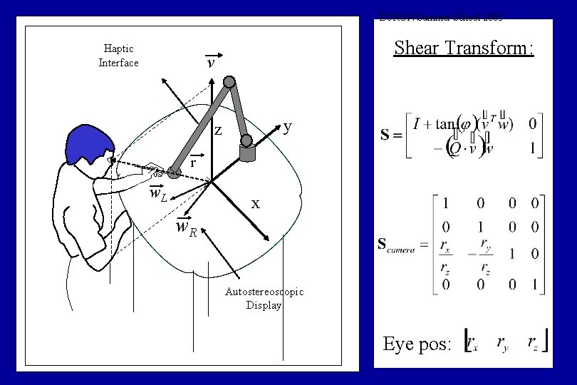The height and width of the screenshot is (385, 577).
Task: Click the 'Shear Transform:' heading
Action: point(464,48)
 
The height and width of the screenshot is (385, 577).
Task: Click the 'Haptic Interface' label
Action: point(118,56)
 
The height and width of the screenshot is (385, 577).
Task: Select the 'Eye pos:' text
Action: point(417,344)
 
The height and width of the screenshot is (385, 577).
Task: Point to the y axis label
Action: point(287,127)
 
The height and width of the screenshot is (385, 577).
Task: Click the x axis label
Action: point(255,203)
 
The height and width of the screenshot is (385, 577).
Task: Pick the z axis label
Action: point(219,130)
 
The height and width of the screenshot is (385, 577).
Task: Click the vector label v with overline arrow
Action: point(211,62)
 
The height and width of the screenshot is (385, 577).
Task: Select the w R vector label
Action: point(187,228)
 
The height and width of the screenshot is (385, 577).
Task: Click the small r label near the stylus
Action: point(193,162)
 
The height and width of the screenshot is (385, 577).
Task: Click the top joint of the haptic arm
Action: point(229,81)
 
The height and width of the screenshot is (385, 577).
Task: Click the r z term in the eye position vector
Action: point(534,343)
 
